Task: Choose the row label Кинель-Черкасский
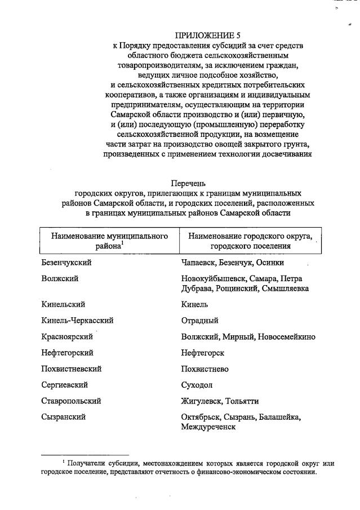tap(78, 320)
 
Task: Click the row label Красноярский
tap(68, 336)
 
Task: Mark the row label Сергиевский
tap(65, 385)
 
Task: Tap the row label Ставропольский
tap(71, 401)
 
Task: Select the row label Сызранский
tap(63, 417)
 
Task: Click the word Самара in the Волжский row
tap(263, 278)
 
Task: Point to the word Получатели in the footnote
tap(87, 463)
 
